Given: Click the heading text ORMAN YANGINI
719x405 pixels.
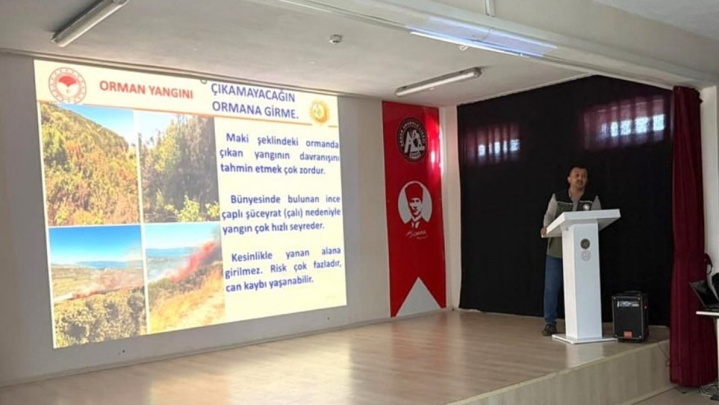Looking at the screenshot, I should (x=146, y=88).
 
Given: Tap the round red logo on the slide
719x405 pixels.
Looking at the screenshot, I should (x=67, y=85).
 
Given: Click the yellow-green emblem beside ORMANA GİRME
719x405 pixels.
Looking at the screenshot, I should (x=319, y=111).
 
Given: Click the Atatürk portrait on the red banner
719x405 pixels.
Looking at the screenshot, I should (x=415, y=204).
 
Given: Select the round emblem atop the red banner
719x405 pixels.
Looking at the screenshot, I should (x=412, y=139).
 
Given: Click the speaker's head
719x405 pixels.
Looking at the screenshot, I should (x=577, y=179).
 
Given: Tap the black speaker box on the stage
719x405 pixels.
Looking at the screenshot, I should (x=630, y=316).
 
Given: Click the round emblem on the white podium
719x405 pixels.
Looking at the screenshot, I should (x=585, y=244).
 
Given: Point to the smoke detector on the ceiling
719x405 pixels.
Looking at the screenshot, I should (x=335, y=39).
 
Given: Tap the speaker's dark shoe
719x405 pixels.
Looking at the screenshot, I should (x=549, y=329).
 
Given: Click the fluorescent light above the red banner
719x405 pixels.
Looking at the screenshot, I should (x=438, y=82).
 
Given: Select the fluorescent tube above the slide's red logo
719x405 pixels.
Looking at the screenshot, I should (x=89, y=21).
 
